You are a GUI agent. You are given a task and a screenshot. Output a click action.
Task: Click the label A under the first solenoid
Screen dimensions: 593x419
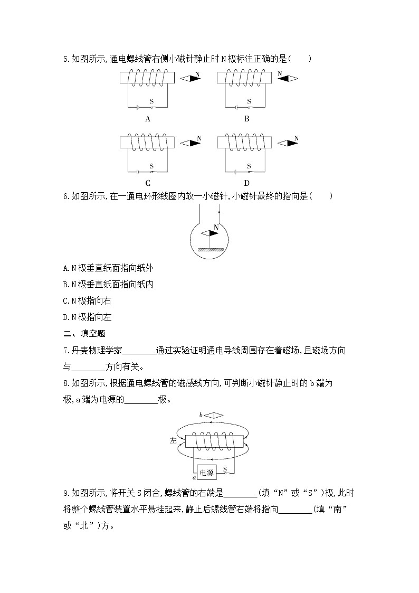[148, 119]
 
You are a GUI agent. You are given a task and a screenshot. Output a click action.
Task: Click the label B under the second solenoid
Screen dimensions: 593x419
[246, 119]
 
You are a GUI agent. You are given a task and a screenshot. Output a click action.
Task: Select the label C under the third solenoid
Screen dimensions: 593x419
[148, 183]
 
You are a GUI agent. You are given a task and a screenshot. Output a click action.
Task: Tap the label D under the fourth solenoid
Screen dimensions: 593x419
[246, 183]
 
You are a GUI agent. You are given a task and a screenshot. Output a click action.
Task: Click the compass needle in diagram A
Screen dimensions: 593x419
[190, 79]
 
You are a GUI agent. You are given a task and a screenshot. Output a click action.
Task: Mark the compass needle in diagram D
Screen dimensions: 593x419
[288, 143]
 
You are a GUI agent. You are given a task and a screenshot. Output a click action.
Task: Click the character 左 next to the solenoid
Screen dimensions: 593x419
[174, 440]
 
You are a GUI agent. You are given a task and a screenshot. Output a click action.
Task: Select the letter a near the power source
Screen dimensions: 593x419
[194, 477]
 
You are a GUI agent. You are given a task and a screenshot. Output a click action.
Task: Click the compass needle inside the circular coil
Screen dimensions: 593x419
[209, 233]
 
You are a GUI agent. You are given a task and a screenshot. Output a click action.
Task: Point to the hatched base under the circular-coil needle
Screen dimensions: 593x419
[209, 250]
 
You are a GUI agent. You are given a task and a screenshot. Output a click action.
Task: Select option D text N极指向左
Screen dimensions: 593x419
[88, 317]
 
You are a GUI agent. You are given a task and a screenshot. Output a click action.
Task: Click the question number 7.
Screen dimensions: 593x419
[65, 350]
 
